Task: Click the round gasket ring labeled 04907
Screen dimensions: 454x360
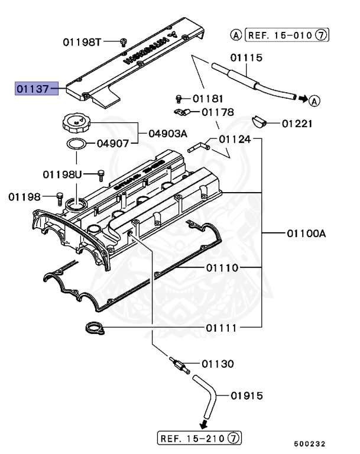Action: click(x=76, y=144)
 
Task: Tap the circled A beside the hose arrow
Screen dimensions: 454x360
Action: click(x=314, y=100)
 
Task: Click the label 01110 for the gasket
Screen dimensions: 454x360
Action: click(x=222, y=268)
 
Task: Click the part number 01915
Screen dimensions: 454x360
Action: click(x=247, y=395)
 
